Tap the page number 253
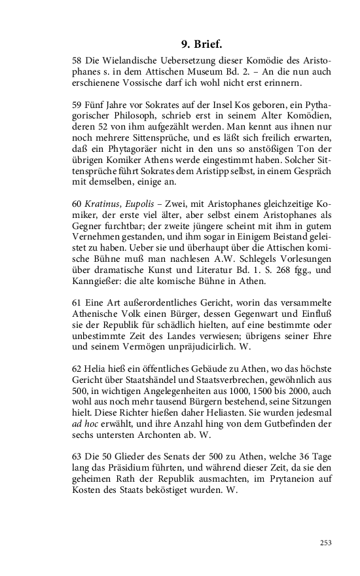point(325,542)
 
